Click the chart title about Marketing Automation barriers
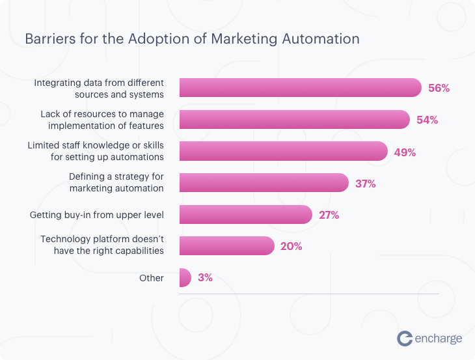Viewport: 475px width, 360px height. point(192,39)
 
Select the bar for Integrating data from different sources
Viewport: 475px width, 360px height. point(300,88)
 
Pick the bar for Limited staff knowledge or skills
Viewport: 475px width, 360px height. point(283,151)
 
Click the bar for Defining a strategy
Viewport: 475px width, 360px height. point(264,183)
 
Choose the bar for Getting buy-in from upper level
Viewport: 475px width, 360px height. point(245,214)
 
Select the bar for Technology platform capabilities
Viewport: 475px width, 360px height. point(226,245)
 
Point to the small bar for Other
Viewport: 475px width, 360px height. point(185,277)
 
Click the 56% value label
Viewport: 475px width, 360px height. point(439,88)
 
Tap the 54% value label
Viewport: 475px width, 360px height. point(427,120)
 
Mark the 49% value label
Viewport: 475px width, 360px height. point(405,152)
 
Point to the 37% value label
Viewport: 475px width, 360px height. point(365,184)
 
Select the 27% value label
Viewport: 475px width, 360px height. point(329,215)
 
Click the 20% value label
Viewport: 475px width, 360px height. point(291,246)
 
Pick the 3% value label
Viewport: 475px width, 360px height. point(205,277)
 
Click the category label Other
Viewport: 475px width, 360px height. point(151,278)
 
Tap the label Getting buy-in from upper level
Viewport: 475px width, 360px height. point(97,214)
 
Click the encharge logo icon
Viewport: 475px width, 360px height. point(405,338)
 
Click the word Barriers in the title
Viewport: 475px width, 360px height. point(47,39)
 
